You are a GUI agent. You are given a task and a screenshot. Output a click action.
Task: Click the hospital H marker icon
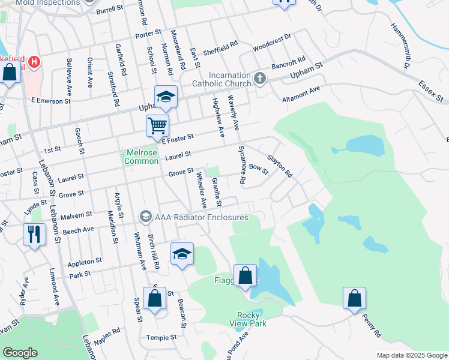pyautogui.click(x=35, y=62)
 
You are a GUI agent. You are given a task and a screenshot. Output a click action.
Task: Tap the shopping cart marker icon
pyautogui.click(x=157, y=126)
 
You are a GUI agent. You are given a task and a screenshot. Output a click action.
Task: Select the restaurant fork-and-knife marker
pyautogui.click(x=34, y=233)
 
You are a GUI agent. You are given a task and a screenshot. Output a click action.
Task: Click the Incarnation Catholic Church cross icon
pyautogui.click(x=260, y=78)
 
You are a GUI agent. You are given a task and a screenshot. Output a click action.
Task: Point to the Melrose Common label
pyautogui.click(x=141, y=157)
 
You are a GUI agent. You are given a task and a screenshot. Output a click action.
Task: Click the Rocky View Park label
pyautogui.click(x=248, y=319)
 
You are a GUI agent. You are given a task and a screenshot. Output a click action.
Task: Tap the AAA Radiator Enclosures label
pyautogui.click(x=201, y=217)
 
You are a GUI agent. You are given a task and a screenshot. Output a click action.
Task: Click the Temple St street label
pyautogui.click(x=162, y=337)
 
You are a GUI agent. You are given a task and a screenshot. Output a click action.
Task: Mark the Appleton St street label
pyautogui.click(x=86, y=262)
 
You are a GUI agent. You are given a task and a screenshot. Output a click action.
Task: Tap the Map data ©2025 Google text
pyautogui.click(x=412, y=355)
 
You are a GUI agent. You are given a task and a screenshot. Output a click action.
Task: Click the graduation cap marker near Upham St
pyautogui.click(x=166, y=96)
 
